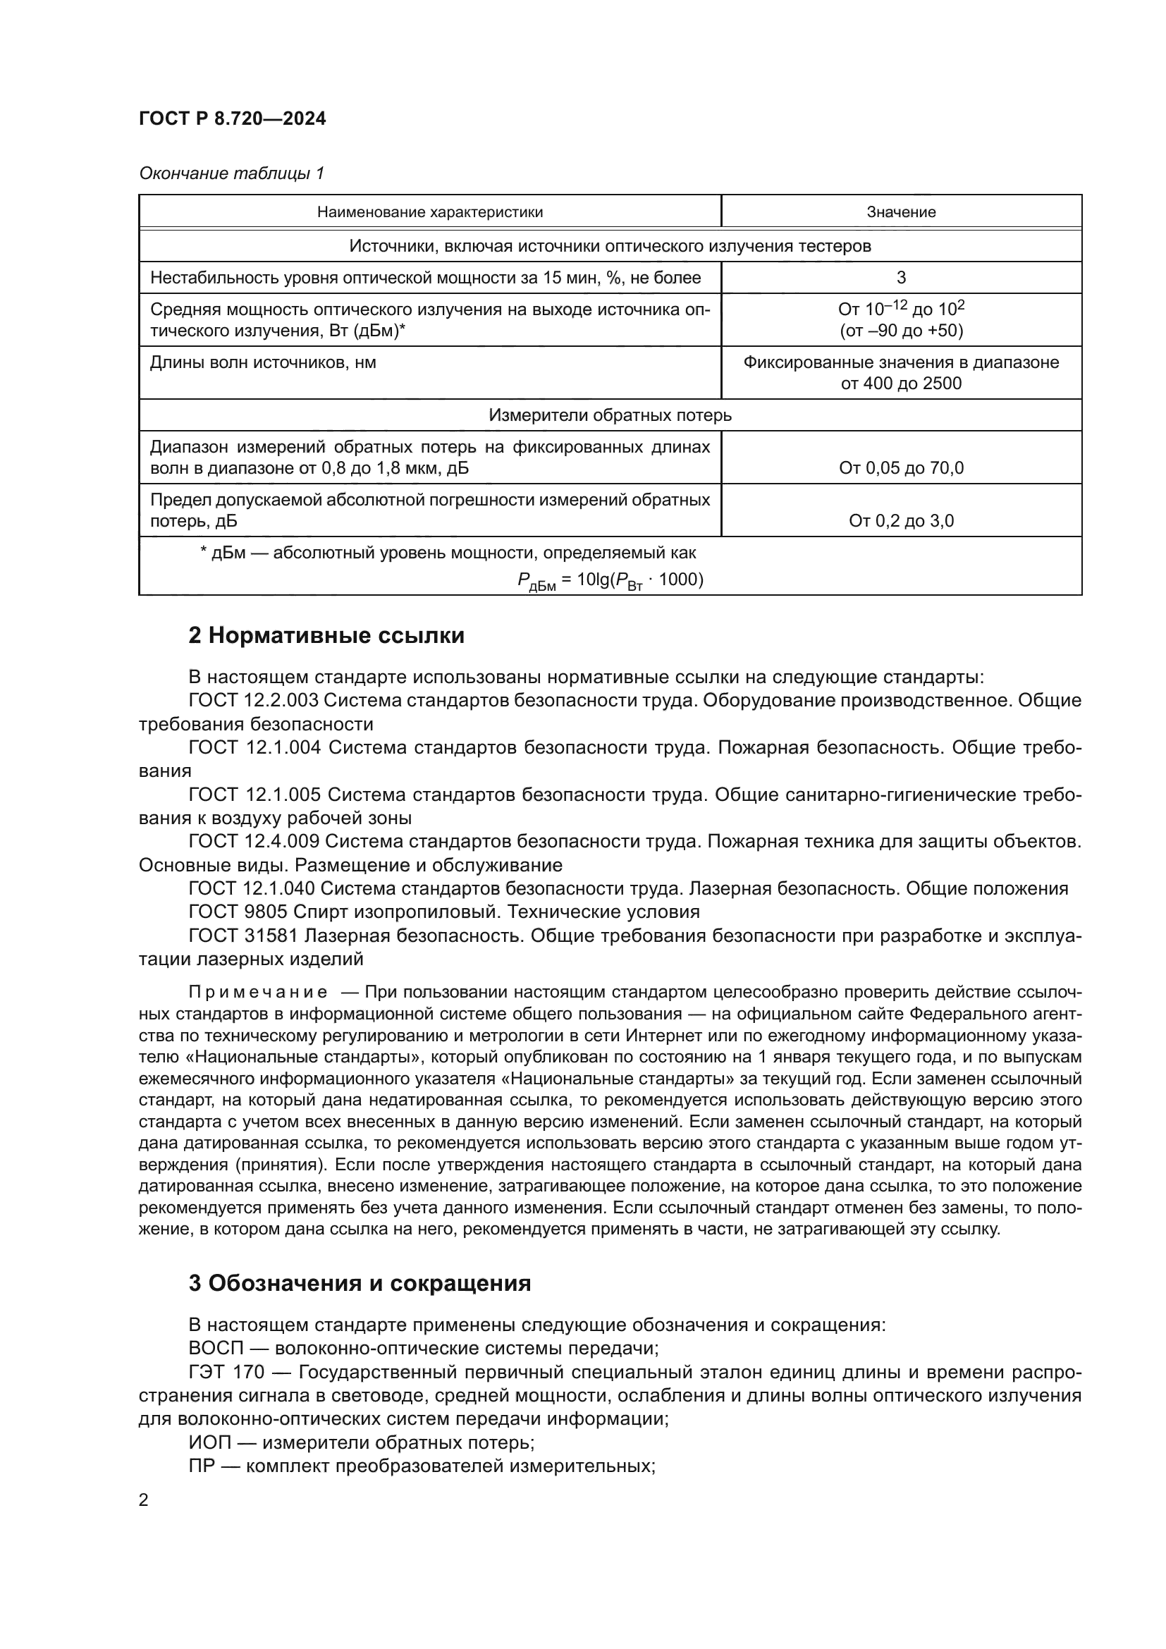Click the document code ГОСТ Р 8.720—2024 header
[232, 118]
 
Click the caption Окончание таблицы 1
[231, 173]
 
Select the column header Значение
[900, 212]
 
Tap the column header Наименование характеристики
[429, 212]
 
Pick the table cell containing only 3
[901, 277]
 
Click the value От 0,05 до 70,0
[901, 468]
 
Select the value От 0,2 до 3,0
[901, 521]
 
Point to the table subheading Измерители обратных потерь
[610, 415]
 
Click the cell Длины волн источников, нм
[263, 362]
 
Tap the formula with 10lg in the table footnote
[610, 581]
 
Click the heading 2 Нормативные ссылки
[326, 636]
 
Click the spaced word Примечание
[258, 993]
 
